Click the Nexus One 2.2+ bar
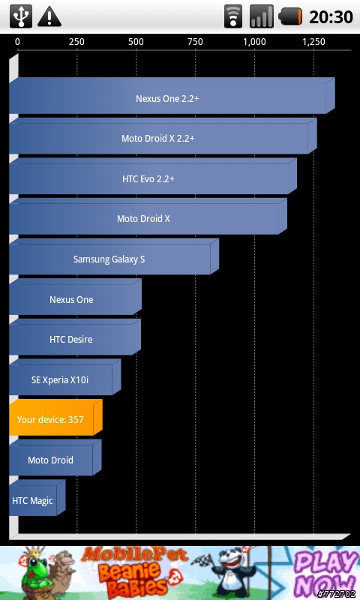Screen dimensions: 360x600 [x=172, y=96]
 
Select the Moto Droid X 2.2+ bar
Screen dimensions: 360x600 [x=163, y=136]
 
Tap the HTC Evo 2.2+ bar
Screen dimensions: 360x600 [x=153, y=176]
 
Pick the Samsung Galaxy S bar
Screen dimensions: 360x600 [x=114, y=256]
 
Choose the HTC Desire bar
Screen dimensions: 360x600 [x=75, y=337]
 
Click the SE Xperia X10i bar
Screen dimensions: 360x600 [x=65, y=377]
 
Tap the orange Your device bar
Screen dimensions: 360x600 [x=55, y=418]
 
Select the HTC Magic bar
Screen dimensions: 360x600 [x=37, y=498]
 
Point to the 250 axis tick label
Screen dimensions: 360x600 [x=76, y=42]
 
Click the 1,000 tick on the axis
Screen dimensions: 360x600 [x=254, y=42]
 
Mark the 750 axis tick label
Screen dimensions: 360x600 [x=195, y=42]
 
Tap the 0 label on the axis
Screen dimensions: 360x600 [x=17, y=42]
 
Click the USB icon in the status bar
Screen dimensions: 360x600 [x=21, y=16]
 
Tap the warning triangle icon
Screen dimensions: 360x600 [x=49, y=17]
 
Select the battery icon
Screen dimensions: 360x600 [x=290, y=16]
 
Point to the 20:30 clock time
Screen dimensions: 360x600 [x=331, y=16]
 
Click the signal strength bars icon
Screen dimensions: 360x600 [x=262, y=16]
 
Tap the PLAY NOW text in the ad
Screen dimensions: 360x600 [x=326, y=573]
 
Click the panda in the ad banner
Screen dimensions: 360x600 [x=234, y=571]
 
